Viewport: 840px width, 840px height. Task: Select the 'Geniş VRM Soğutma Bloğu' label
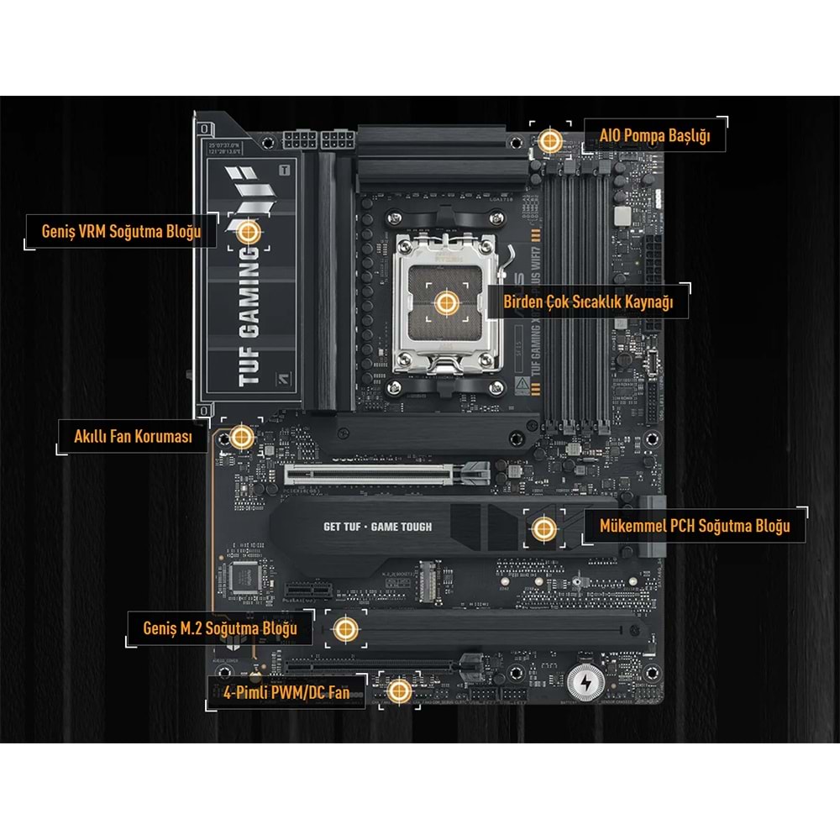point(121,231)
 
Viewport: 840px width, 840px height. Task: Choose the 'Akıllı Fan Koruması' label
point(134,437)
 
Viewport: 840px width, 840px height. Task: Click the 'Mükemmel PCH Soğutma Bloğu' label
point(695,527)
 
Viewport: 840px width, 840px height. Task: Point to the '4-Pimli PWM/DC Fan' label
point(286,693)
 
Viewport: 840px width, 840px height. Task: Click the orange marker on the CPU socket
point(445,302)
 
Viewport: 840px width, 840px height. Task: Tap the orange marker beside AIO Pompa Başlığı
point(550,140)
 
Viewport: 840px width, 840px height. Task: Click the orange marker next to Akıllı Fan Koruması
point(242,436)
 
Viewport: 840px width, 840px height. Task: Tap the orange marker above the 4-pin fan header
point(400,691)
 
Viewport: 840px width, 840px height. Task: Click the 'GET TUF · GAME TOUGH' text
point(377,528)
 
